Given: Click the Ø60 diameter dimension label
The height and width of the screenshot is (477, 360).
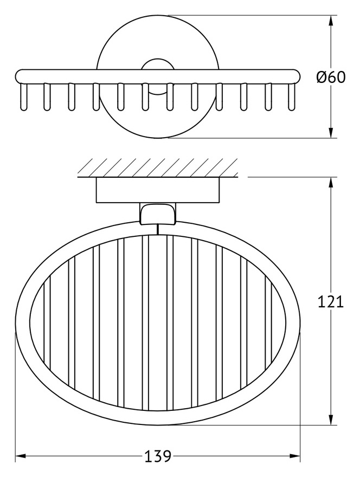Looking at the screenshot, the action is [x=331, y=78].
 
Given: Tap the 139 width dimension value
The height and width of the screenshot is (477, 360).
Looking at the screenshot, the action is [x=158, y=456].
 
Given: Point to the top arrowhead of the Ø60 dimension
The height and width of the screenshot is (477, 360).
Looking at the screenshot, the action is [x=331, y=21].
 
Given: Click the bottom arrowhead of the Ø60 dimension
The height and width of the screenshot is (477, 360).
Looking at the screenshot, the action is [x=331, y=131].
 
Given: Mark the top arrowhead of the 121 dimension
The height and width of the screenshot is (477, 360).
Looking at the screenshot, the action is [x=331, y=183].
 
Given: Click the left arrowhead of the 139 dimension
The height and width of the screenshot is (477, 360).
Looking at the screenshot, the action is [x=21, y=456].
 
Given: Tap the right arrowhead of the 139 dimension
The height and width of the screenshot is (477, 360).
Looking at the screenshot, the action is [x=294, y=456].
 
